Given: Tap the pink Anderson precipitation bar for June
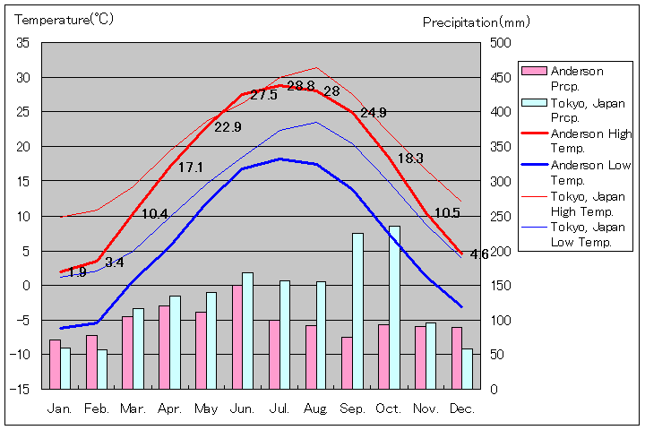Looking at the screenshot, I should (x=237, y=337).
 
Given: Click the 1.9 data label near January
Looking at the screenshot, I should (x=77, y=272).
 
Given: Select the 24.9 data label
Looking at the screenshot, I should (x=373, y=113).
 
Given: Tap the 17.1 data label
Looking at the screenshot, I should (x=191, y=168).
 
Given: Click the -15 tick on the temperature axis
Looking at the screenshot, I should (x=21, y=389).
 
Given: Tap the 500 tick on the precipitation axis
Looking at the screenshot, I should (x=500, y=43).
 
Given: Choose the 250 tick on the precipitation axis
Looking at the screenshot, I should (x=500, y=216).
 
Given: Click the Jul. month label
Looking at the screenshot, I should (x=279, y=408).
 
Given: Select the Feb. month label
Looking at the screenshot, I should (x=97, y=408).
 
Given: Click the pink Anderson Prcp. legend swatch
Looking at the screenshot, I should (x=534, y=72).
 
